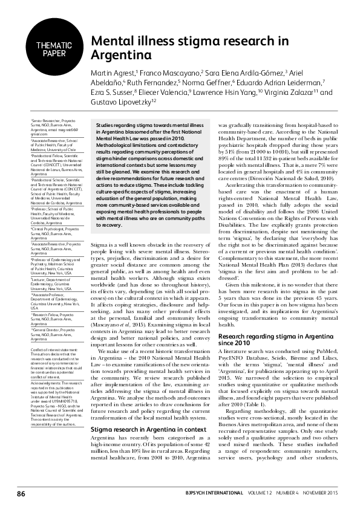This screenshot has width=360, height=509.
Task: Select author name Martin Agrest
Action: [113, 72]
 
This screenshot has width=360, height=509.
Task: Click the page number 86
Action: [21, 494]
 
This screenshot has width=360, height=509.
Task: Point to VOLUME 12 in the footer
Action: [255, 494]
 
